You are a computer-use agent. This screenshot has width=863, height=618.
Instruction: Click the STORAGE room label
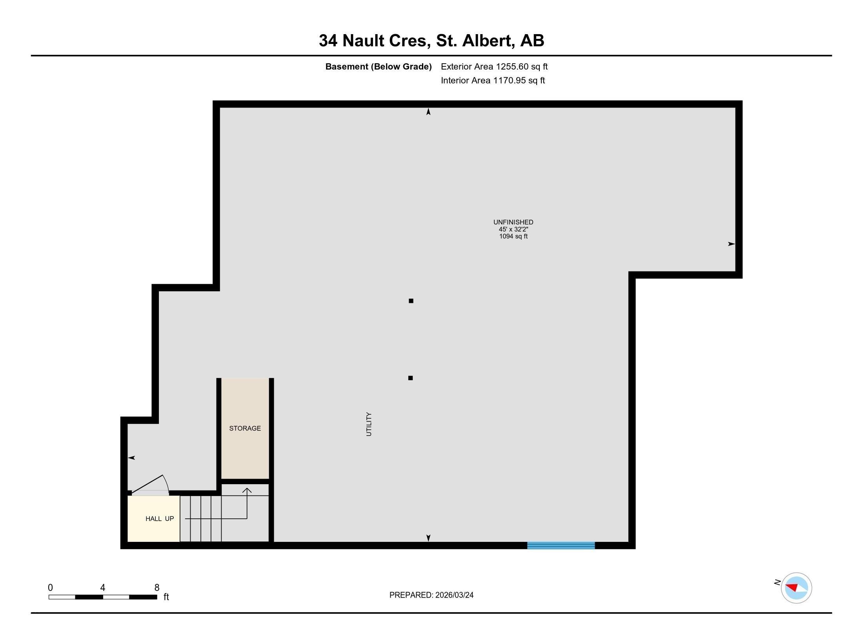245,428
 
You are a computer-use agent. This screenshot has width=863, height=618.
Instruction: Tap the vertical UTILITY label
369,424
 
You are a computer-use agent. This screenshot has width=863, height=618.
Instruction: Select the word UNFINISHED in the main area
513,222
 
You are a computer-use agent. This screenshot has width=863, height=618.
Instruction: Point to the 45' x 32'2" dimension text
513,229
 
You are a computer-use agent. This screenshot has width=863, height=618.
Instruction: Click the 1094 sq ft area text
513,236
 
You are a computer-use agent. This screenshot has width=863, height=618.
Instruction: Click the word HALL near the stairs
153,519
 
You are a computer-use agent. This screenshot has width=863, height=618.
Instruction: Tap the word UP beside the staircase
169,519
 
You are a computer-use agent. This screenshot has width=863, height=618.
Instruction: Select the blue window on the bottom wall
561,545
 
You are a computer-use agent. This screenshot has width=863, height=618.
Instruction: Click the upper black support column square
411,301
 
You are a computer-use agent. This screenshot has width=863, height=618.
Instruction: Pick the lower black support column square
410,378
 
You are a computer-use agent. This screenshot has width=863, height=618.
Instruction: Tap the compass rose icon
796,588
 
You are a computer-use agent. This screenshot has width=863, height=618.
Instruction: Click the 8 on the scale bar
157,587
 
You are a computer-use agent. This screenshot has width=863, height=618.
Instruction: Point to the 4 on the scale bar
103,587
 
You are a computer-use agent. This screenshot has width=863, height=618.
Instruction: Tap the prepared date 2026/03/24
454,595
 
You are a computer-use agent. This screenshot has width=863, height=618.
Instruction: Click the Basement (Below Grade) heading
378,67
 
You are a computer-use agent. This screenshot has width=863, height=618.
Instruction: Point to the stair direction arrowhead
247,490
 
